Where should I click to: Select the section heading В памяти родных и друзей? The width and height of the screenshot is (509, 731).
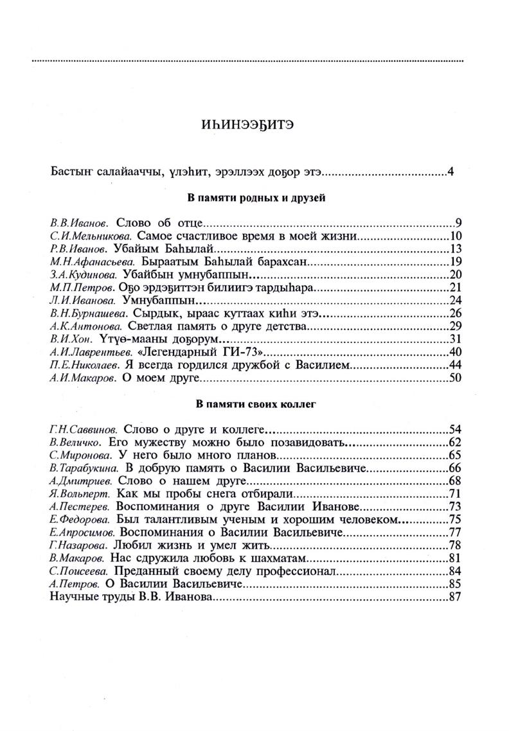click(254, 198)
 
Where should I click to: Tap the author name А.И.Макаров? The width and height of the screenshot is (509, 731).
click(82, 378)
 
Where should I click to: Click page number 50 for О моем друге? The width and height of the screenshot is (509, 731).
click(456, 378)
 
